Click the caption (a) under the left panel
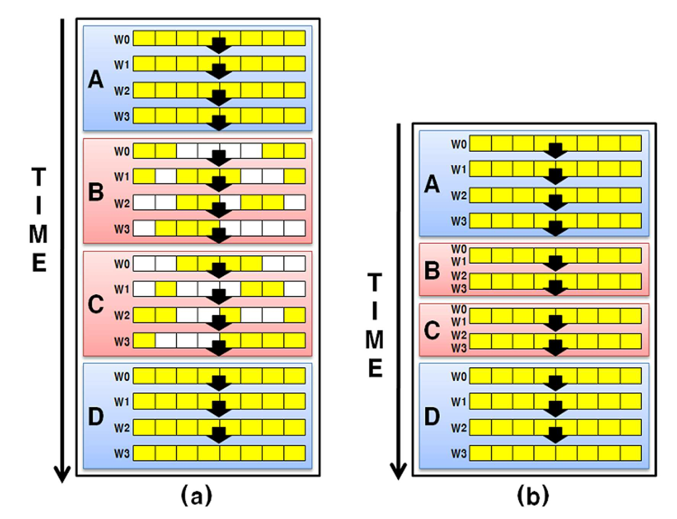[x=196, y=496]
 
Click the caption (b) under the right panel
[x=533, y=496]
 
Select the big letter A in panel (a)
[x=96, y=79]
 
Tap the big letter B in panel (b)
[x=432, y=270]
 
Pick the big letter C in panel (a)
[x=96, y=304]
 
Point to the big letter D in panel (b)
[x=432, y=416]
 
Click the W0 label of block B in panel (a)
[x=122, y=152]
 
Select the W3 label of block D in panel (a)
[x=122, y=454]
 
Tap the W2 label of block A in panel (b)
[x=458, y=196]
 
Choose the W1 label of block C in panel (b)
[x=458, y=322]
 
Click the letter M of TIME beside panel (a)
[x=38, y=234]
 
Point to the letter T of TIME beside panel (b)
[x=375, y=282]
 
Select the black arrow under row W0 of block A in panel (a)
[x=219, y=45]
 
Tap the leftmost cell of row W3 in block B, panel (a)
[x=144, y=228]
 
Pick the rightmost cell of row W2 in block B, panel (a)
[x=295, y=202]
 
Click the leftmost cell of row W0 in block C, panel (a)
[x=144, y=263]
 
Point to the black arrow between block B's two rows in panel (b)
[x=556, y=263]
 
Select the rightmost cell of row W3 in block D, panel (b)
[x=631, y=453]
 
